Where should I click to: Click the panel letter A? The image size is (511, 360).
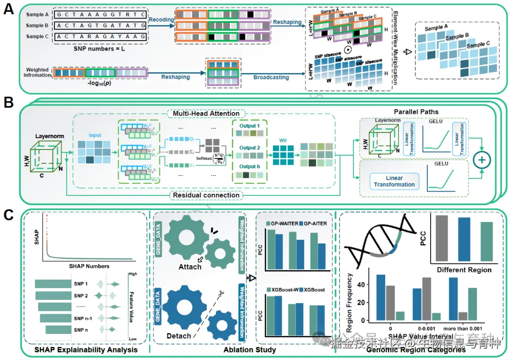(x=9, y=9)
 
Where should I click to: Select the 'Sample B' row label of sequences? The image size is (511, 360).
(x=37, y=26)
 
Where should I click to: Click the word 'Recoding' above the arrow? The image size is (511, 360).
(x=162, y=20)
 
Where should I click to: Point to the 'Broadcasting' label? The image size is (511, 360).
(x=271, y=77)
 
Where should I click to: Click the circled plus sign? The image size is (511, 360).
(x=482, y=160)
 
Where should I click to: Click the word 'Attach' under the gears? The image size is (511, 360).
(x=190, y=266)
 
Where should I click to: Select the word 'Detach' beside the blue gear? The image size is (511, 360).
(x=179, y=336)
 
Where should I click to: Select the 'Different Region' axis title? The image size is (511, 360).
(x=464, y=270)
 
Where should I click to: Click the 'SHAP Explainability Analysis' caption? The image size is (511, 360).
(x=86, y=350)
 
